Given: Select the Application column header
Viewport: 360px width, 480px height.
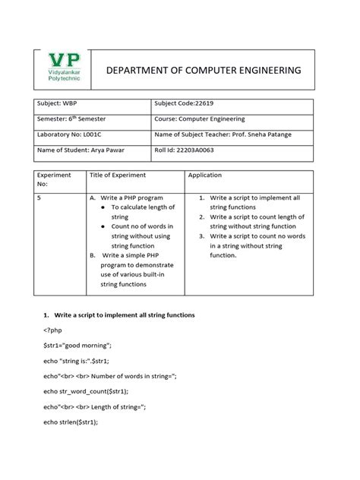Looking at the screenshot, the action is click(207, 175).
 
